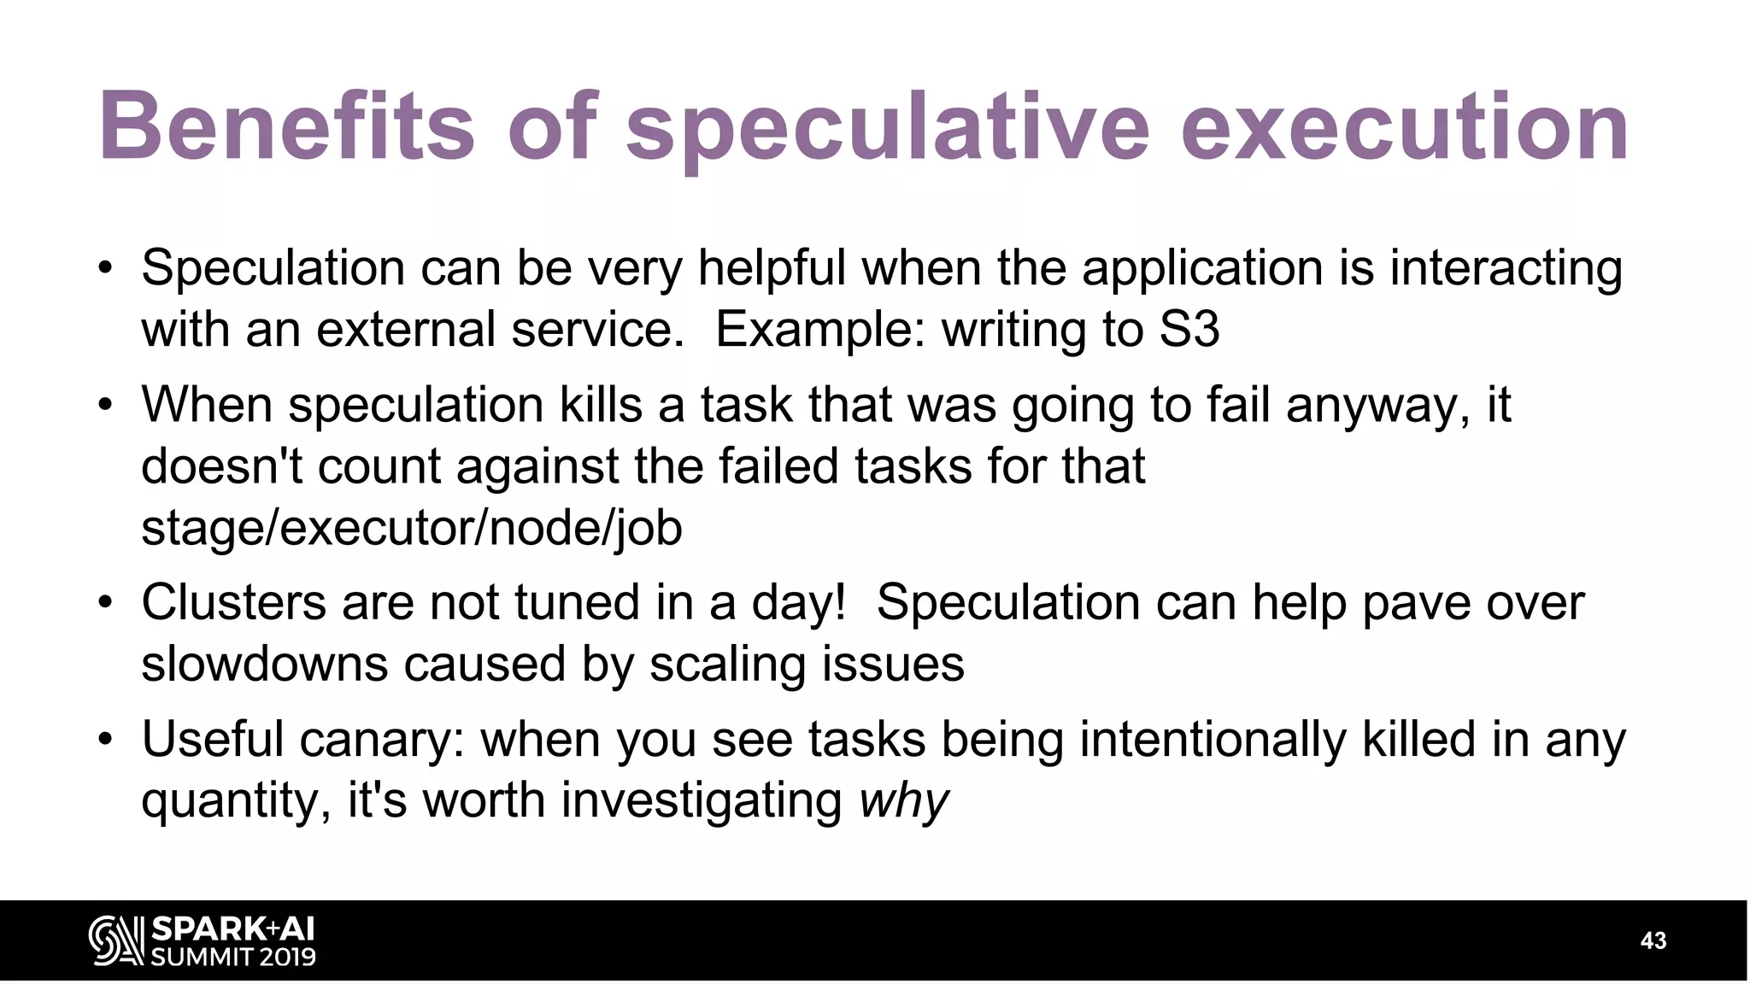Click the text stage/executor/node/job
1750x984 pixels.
point(412,528)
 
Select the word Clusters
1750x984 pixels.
point(233,602)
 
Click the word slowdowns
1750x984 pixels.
point(265,665)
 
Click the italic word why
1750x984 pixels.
point(903,802)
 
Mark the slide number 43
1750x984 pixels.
point(1653,940)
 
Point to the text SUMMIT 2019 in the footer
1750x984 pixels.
point(233,957)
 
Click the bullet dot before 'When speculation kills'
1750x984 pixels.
point(104,405)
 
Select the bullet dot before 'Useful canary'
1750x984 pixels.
point(104,740)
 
